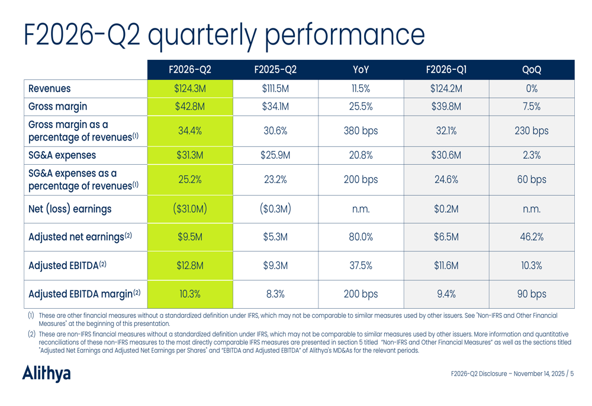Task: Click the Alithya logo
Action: pos(46,373)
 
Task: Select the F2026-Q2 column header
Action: pos(190,70)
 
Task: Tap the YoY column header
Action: pos(361,70)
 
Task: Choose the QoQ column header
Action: pos(532,70)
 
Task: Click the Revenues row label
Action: pos(50,89)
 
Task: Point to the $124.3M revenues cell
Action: pos(190,89)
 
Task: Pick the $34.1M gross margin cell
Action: pos(275,107)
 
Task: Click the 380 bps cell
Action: pos(361,131)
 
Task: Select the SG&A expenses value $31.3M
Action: pos(190,156)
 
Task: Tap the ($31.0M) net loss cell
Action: pos(190,209)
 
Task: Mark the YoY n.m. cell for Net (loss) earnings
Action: pos(361,209)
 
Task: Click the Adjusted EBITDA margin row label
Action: pos(85,294)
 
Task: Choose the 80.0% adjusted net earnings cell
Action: pos(361,237)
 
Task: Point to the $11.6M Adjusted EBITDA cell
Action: pos(446,266)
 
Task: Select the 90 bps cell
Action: pos(532,294)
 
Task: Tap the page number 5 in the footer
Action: pos(572,373)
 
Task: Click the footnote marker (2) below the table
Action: pos(31,334)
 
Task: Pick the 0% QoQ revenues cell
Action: pos(532,89)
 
